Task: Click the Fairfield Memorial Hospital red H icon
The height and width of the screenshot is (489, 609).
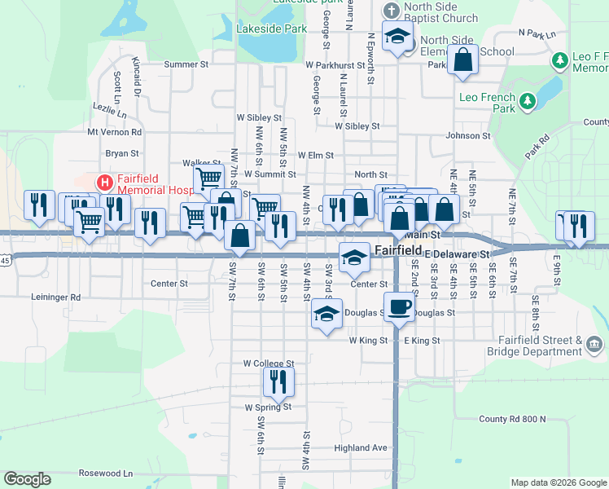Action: point(104,181)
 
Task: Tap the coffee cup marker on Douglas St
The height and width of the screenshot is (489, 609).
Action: point(398,307)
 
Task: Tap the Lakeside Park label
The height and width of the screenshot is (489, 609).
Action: point(260,28)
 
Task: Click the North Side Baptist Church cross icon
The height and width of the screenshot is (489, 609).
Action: point(391,11)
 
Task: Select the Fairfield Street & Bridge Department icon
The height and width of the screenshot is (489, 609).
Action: point(594,346)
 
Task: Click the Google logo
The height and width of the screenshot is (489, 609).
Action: point(28,479)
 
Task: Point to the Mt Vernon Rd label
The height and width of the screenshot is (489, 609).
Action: point(114,131)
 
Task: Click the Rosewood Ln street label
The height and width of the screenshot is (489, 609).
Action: point(106,473)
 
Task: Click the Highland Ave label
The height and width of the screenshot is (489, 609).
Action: point(361,447)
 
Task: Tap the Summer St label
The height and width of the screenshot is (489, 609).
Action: point(186,64)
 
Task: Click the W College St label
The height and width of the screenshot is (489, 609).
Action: point(268,363)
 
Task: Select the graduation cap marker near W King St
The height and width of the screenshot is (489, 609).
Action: point(326,314)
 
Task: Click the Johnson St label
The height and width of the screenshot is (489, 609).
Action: point(468,136)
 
